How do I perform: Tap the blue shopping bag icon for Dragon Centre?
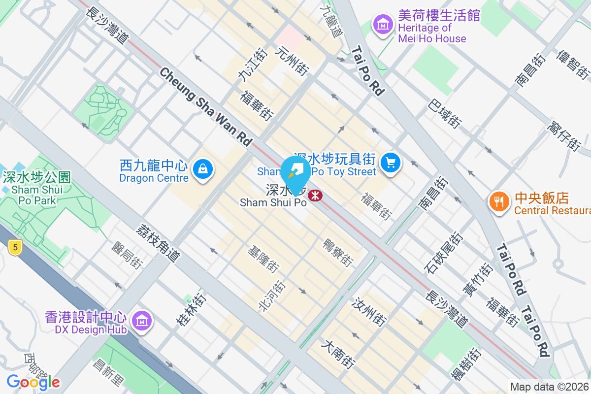pos(202,169)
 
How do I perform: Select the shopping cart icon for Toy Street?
pos(391,162)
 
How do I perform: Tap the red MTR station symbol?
pos(315,196)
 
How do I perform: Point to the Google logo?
pos(33,382)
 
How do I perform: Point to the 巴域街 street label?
pos(445,114)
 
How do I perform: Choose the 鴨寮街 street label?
pos(338,253)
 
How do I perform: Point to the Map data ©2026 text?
pos(550,387)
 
